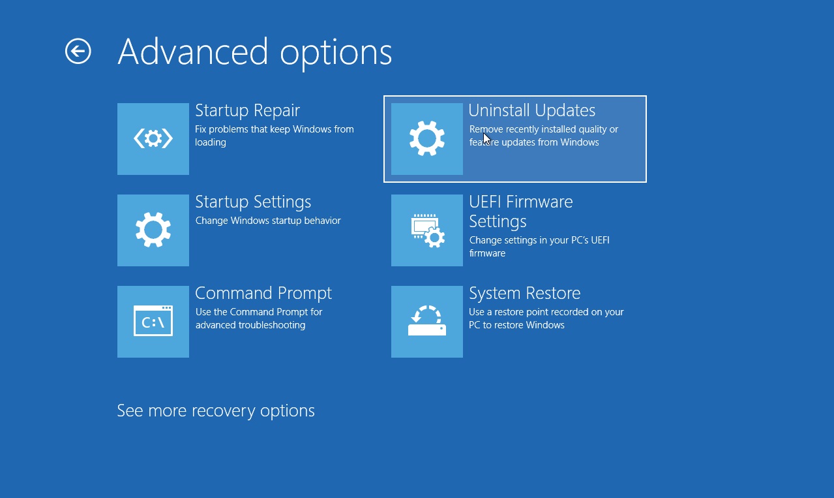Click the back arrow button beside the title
coord(78,51)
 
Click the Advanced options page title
coord(255,53)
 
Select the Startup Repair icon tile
coord(153,139)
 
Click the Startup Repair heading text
coord(247,110)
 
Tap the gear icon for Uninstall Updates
coord(427,138)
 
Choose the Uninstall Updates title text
coord(531,110)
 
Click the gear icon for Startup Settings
coord(153,230)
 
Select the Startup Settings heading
coord(253,202)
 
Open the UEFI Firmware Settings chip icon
coord(427,231)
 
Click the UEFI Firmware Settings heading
coord(520,211)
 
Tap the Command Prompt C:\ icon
coord(153,321)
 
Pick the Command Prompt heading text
coord(263,293)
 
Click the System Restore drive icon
coord(427,320)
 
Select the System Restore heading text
coord(525,293)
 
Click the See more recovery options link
coord(216,411)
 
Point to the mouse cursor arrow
coord(487,139)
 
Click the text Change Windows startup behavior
coord(268,221)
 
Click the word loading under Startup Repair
coord(211,142)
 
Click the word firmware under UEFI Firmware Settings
coord(487,253)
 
